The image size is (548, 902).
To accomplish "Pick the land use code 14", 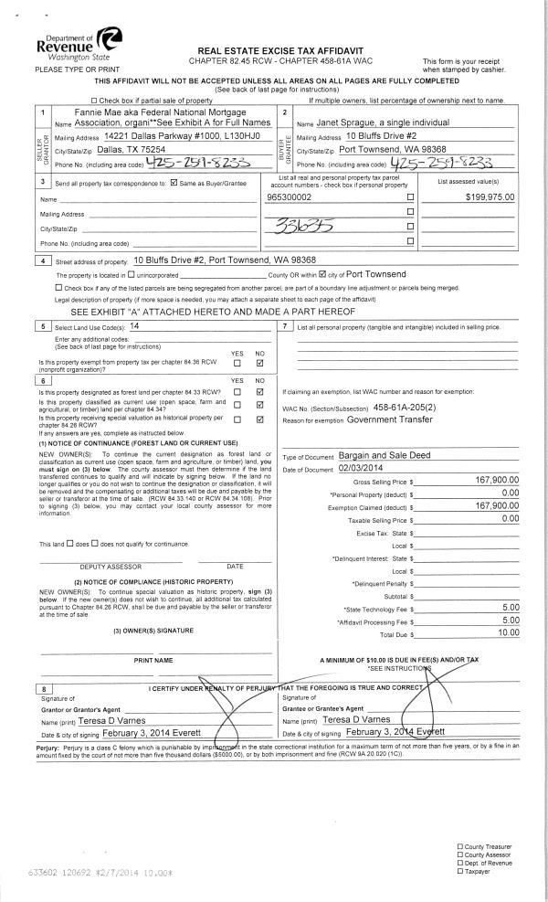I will tap(134, 325).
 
